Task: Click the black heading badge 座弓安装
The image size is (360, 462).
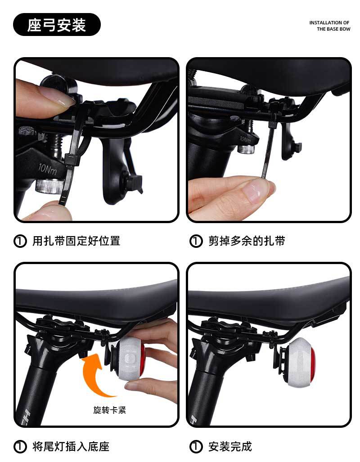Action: pyautogui.click(x=57, y=24)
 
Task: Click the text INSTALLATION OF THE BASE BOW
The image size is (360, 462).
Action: pyautogui.click(x=330, y=26)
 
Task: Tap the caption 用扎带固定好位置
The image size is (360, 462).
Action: pyautogui.click(x=76, y=241)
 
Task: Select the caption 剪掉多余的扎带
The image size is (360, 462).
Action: pyautogui.click(x=247, y=241)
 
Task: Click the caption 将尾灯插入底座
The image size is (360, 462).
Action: pyautogui.click(x=71, y=446)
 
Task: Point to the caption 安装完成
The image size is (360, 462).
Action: pyautogui.click(x=230, y=446)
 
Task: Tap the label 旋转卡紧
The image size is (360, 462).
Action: pyautogui.click(x=110, y=410)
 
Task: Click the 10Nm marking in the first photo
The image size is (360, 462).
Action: pyautogui.click(x=47, y=169)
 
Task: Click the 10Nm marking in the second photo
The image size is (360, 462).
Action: pyautogui.click(x=245, y=139)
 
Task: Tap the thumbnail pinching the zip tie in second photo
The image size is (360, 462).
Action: pyautogui.click(x=256, y=190)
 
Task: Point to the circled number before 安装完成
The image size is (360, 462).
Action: pyautogui.click(x=196, y=447)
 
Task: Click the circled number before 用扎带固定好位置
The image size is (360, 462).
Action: pyautogui.click(x=20, y=241)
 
